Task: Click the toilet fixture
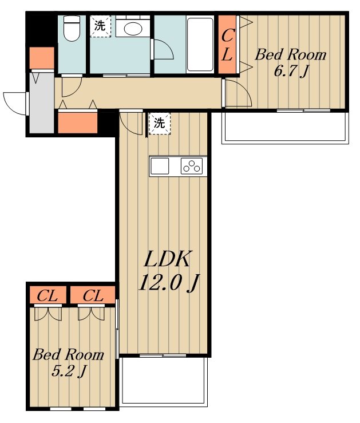coord(72,28)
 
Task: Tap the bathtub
coord(200,44)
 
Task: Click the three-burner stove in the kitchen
coord(192,166)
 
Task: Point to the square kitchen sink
coord(160,166)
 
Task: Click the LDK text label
coord(168,259)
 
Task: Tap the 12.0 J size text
coord(169,283)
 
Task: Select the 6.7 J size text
coord(290,72)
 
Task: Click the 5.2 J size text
coord(68,371)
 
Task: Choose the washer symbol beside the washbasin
coord(100,26)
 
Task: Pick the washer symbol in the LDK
coord(160,124)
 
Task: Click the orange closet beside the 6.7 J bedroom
coord(227,45)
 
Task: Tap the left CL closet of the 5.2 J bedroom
coord(48,295)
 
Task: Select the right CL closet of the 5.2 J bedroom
coord(93,295)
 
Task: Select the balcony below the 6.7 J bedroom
coord(285,127)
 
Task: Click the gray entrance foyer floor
coord(42,103)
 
